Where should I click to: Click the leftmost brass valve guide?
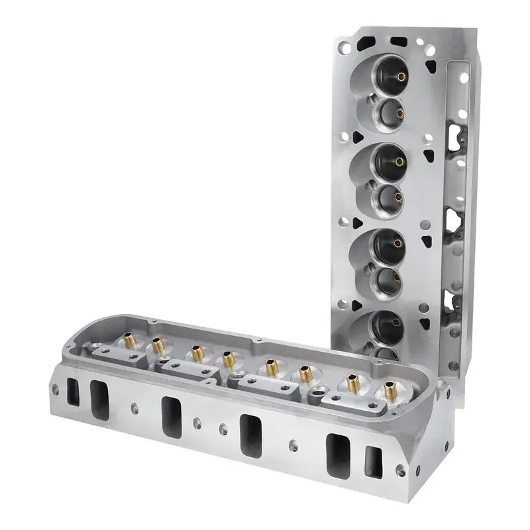point(128,341)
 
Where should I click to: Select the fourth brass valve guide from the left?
point(229,360)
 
